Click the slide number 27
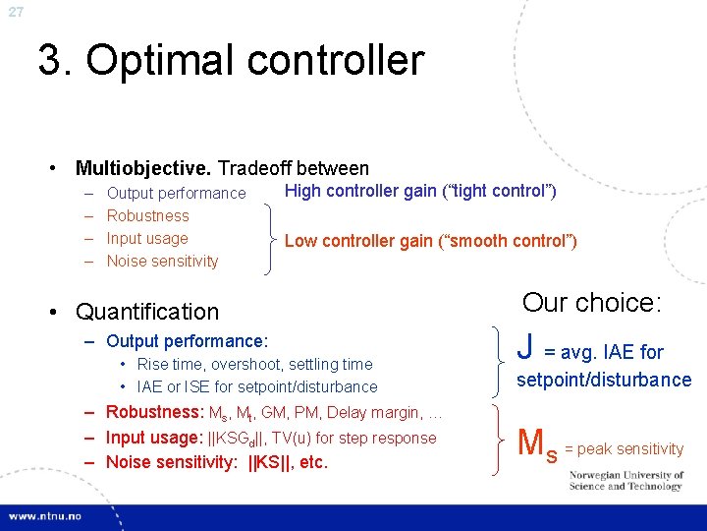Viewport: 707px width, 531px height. coord(15,12)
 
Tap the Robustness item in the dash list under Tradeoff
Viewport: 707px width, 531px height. coord(147,215)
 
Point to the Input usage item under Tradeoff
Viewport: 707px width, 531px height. coord(146,238)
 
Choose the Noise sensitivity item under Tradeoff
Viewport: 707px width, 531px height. coord(162,261)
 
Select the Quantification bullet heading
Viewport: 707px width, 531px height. coord(147,312)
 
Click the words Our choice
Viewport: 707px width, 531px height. coord(592,302)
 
